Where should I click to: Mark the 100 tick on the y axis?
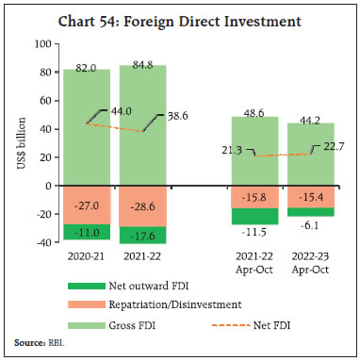(x=41, y=44)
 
